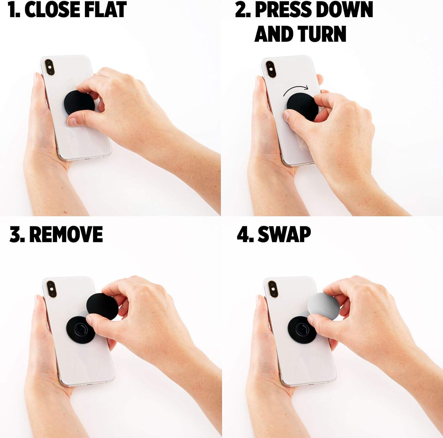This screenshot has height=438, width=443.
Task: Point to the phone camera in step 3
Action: pyautogui.click(x=51, y=288)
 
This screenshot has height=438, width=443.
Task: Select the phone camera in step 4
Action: pyautogui.click(x=272, y=288)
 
